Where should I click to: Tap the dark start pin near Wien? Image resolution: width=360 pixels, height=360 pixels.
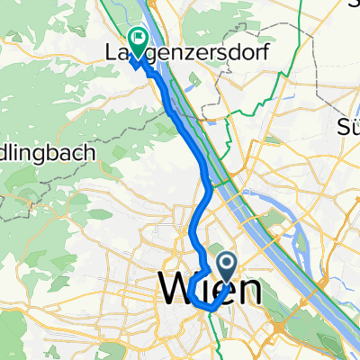[x=226, y=265]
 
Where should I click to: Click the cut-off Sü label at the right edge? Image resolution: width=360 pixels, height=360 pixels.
[x=348, y=124]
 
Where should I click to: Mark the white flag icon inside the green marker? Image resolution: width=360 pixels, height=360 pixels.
[x=139, y=38]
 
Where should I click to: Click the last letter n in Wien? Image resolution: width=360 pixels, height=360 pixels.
[x=249, y=292]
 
